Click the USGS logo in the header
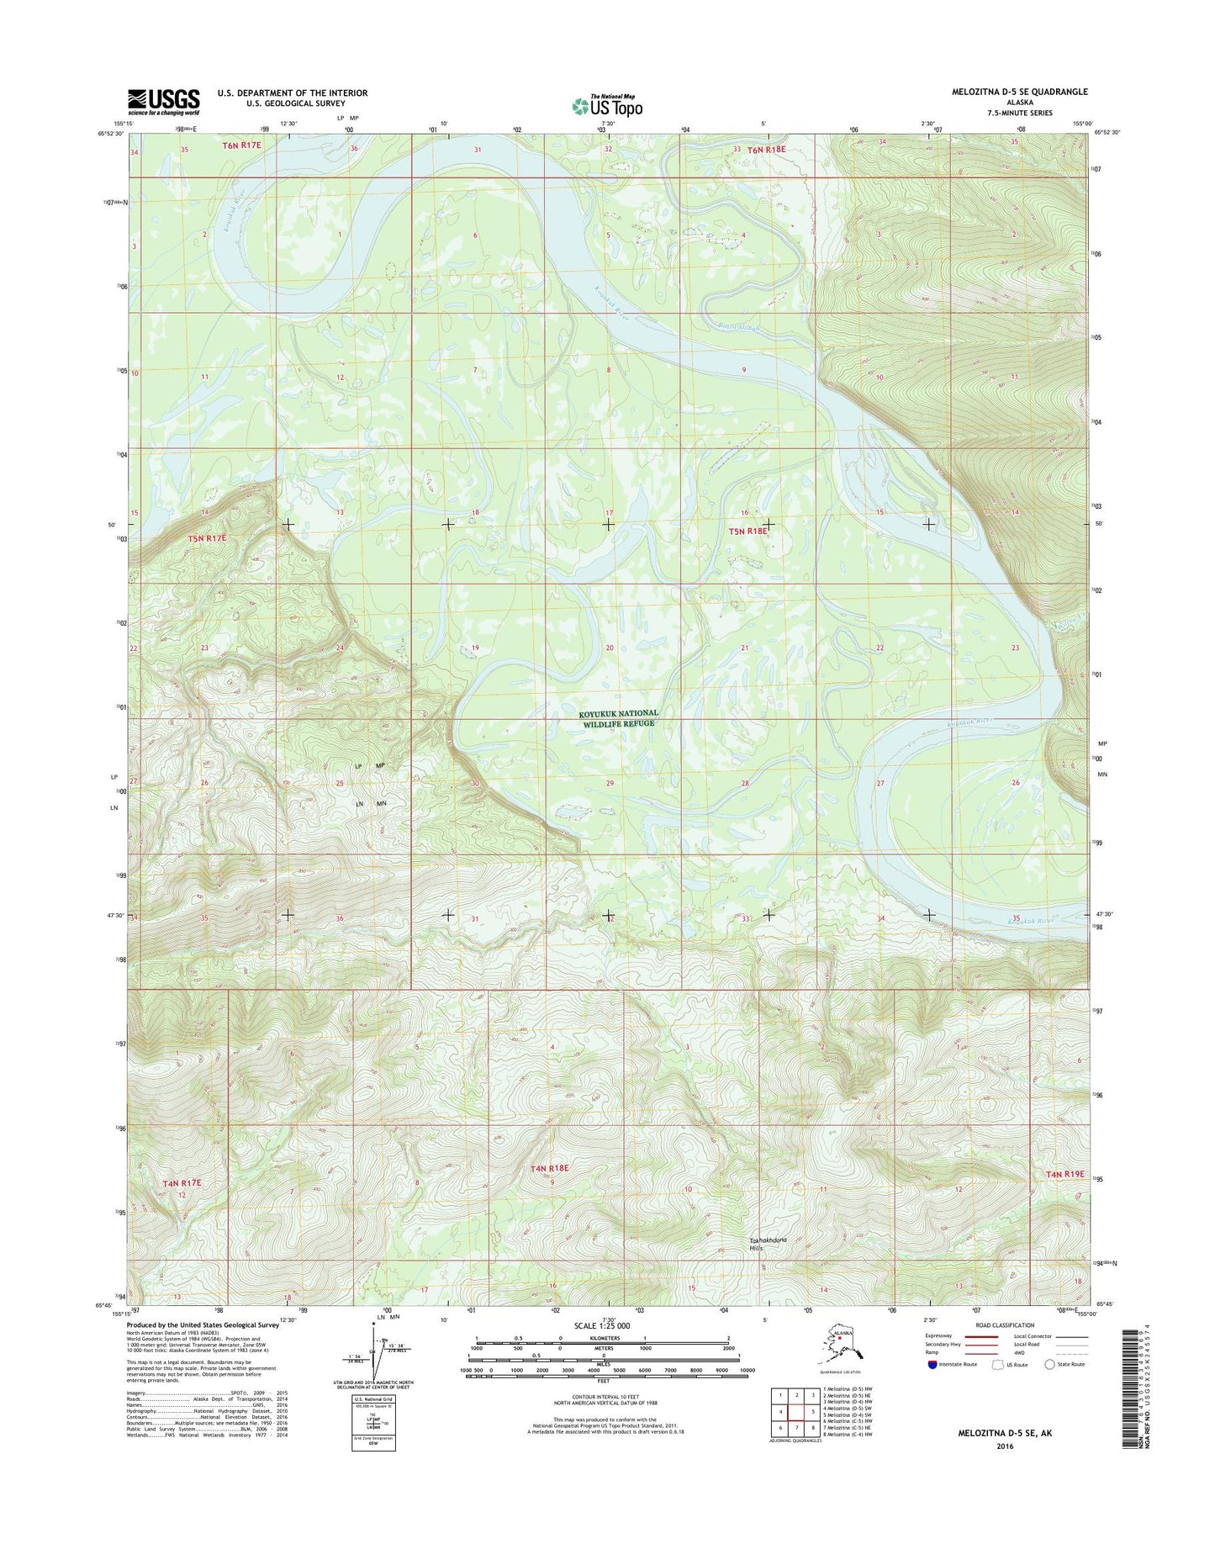(164, 101)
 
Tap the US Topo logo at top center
(607, 106)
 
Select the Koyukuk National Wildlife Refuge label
(620, 717)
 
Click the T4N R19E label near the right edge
(1065, 1174)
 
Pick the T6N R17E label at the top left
(242, 145)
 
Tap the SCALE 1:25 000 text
(607, 1325)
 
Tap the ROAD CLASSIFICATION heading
(1005, 1325)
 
